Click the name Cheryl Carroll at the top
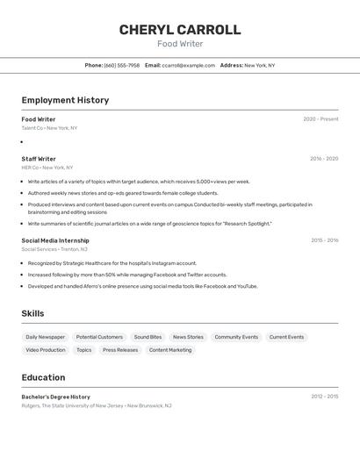pyautogui.click(x=180, y=30)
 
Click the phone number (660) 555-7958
pyautogui.click(x=121, y=65)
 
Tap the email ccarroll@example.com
pyautogui.click(x=189, y=65)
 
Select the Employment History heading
pyautogui.click(x=65, y=100)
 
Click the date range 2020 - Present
pyautogui.click(x=320, y=119)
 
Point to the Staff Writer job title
pyautogui.click(x=39, y=159)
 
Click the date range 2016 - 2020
pyautogui.click(x=324, y=159)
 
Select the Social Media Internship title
pyautogui.click(x=55, y=240)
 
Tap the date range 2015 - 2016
pyautogui.click(x=324, y=240)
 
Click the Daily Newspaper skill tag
pyautogui.click(x=45, y=337)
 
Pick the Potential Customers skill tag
pyautogui.click(x=99, y=337)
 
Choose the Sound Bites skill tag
pyautogui.click(x=148, y=337)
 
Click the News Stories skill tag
pyautogui.click(x=188, y=337)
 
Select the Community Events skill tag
pyautogui.click(x=236, y=337)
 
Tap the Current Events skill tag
pyautogui.click(x=286, y=337)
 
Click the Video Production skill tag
pyautogui.click(x=46, y=350)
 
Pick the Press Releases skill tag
pyautogui.click(x=120, y=350)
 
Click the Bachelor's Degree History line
pyautogui.click(x=55, y=397)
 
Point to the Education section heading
pyautogui.click(x=43, y=377)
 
